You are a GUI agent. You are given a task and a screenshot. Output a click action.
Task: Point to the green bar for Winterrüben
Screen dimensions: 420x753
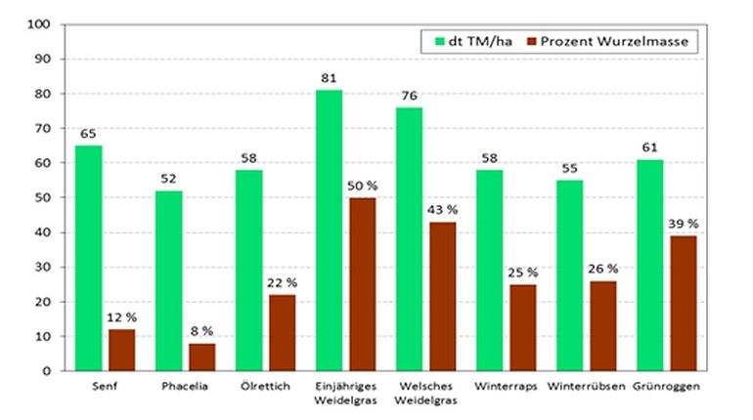pyautogui.click(x=575, y=275)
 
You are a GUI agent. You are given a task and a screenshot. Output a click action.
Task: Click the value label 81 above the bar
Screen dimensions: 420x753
pyautogui.click(x=329, y=77)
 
